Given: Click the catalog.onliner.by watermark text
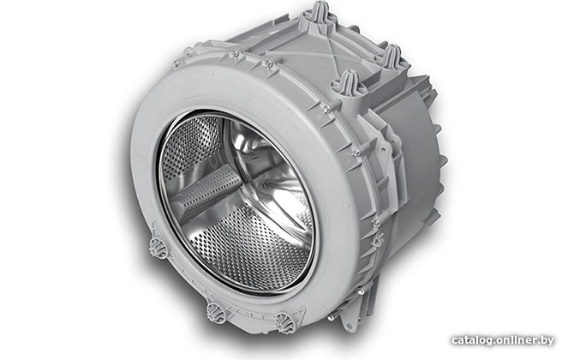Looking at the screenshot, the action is click(x=503, y=340).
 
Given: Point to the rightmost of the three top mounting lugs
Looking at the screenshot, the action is click(x=392, y=57).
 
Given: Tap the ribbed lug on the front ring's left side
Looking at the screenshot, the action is click(x=158, y=247).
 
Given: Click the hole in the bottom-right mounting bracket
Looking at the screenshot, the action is click(x=348, y=326).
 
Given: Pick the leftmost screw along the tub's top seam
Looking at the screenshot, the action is click(x=176, y=64).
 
